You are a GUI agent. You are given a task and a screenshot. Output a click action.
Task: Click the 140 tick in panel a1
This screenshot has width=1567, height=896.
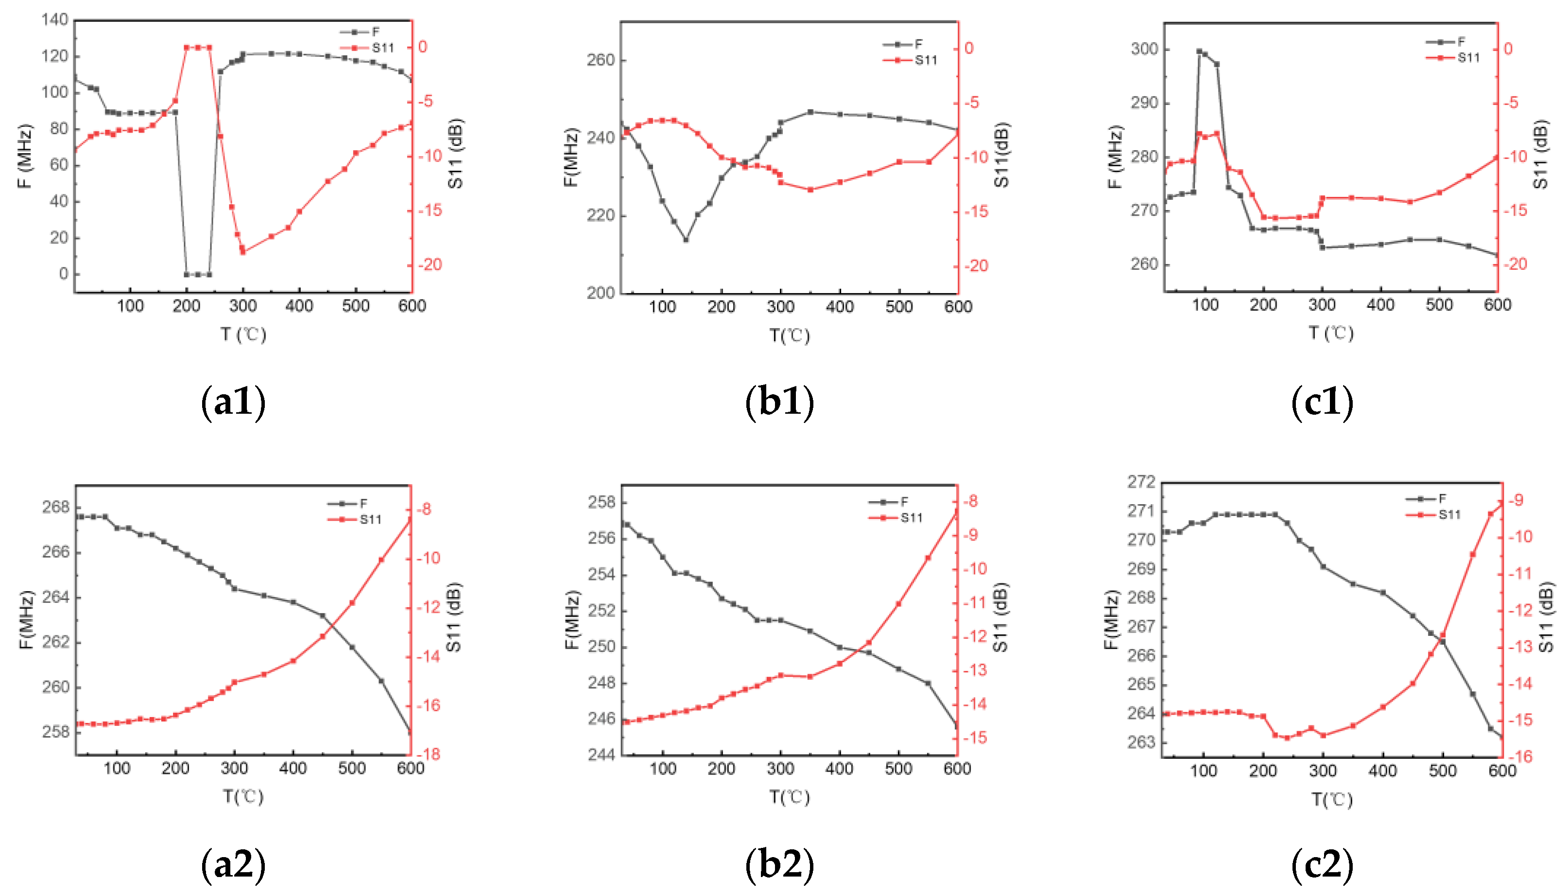[x=55, y=20]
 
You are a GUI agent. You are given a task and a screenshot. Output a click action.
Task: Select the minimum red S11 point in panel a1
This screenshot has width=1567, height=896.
[x=242, y=252]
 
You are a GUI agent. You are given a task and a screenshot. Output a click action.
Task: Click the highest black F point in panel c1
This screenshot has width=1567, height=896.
[x=1199, y=52]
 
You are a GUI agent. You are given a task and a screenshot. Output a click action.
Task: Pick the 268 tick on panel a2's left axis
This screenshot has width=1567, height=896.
[x=55, y=507]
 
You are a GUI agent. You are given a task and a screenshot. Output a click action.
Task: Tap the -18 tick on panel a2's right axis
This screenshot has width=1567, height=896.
[x=429, y=754]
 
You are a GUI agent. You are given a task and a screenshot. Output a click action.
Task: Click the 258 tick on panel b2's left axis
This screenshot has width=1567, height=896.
[x=602, y=502]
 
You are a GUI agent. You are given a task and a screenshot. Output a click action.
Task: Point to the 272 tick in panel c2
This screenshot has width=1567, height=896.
[x=1141, y=481]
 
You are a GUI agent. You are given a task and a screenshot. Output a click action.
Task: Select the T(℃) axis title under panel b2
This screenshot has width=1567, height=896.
[x=790, y=797]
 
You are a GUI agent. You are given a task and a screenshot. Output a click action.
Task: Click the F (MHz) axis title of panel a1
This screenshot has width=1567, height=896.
[x=25, y=157]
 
